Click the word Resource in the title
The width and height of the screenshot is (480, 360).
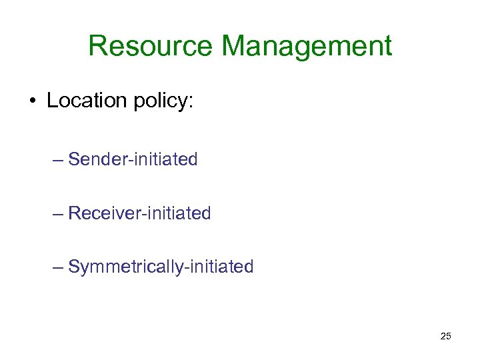[x=150, y=47]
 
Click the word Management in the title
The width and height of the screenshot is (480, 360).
[x=307, y=47]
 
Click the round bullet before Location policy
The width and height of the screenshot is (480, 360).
[x=32, y=102]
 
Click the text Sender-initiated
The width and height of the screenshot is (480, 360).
[x=133, y=160]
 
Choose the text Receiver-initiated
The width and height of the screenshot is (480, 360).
[x=139, y=213]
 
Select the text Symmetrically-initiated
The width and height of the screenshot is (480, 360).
[x=161, y=267]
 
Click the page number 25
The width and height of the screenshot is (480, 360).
[x=446, y=336]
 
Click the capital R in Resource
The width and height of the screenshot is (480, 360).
[x=97, y=47]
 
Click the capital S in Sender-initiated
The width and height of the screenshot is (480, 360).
[x=73, y=160]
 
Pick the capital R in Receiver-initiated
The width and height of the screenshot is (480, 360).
[x=74, y=213]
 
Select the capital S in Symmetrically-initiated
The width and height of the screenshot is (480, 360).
[x=73, y=267]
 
